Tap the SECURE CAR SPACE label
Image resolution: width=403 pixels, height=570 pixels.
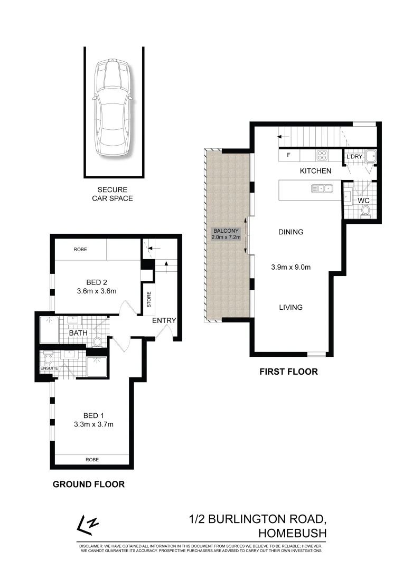[x=112, y=194]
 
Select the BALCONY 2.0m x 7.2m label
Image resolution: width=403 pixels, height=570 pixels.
[x=227, y=234]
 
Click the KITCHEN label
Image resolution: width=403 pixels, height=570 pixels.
[x=315, y=171]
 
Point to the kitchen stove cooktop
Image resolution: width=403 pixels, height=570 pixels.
[x=322, y=155]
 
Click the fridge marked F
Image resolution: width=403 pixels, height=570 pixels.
[x=288, y=156]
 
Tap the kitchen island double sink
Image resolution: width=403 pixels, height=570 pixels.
[x=321, y=187]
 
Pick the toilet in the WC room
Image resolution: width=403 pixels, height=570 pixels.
[x=365, y=212]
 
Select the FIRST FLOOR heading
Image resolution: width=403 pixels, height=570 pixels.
[x=288, y=372]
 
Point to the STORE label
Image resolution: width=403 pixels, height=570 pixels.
[x=149, y=300]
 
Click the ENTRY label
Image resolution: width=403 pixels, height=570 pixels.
[x=164, y=321]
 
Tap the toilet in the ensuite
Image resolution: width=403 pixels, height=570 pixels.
[x=49, y=359]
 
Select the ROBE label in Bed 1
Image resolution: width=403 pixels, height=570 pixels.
[x=92, y=460]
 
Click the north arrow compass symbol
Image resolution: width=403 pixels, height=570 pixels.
[x=88, y=524]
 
